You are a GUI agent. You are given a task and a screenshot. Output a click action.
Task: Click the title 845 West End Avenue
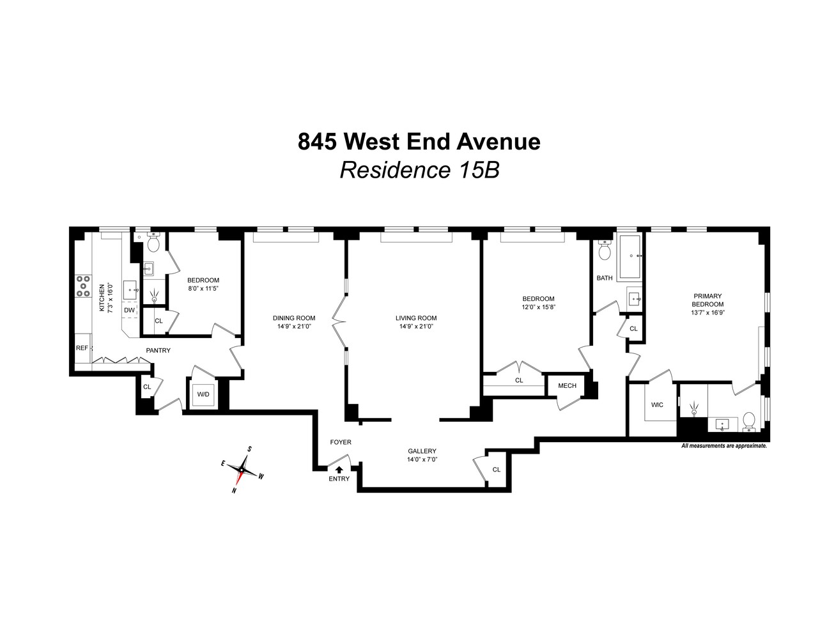coord(419,141)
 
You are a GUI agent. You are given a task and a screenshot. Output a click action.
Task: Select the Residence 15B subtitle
coord(419,170)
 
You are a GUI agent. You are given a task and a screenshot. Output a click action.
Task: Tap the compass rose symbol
coord(242,470)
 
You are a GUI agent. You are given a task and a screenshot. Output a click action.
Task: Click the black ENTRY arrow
coord(339,470)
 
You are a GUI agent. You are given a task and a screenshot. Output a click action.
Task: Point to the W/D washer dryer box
coord(203,394)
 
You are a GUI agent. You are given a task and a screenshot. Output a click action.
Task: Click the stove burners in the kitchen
coord(83,286)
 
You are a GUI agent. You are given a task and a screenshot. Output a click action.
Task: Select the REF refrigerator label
coord(82,348)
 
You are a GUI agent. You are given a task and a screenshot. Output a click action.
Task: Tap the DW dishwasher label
coord(130,311)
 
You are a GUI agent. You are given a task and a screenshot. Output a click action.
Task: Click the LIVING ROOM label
coord(415,318)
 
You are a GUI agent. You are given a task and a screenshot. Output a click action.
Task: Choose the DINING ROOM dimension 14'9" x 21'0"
coord(293,327)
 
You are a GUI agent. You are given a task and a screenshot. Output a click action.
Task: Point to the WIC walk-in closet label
coord(657,404)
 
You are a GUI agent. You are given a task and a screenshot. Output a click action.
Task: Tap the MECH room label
coord(567,385)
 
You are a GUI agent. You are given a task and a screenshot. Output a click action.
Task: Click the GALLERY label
coord(422,451)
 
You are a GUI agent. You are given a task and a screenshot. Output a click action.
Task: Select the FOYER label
coord(340,442)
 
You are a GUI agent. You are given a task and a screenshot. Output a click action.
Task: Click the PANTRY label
coord(158,350)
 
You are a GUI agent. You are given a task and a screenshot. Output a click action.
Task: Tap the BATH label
coord(604,278)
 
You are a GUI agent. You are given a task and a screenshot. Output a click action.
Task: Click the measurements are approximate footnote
coord(723,446)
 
